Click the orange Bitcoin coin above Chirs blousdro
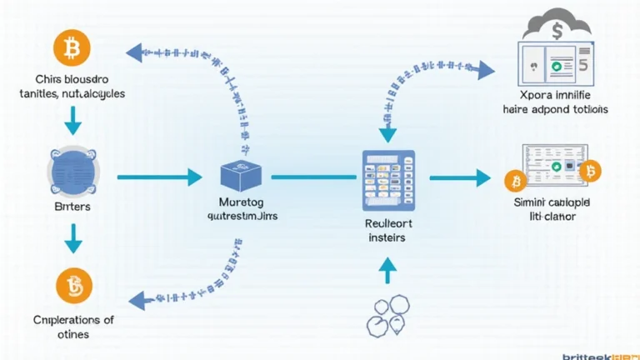72,49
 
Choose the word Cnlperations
67,320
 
